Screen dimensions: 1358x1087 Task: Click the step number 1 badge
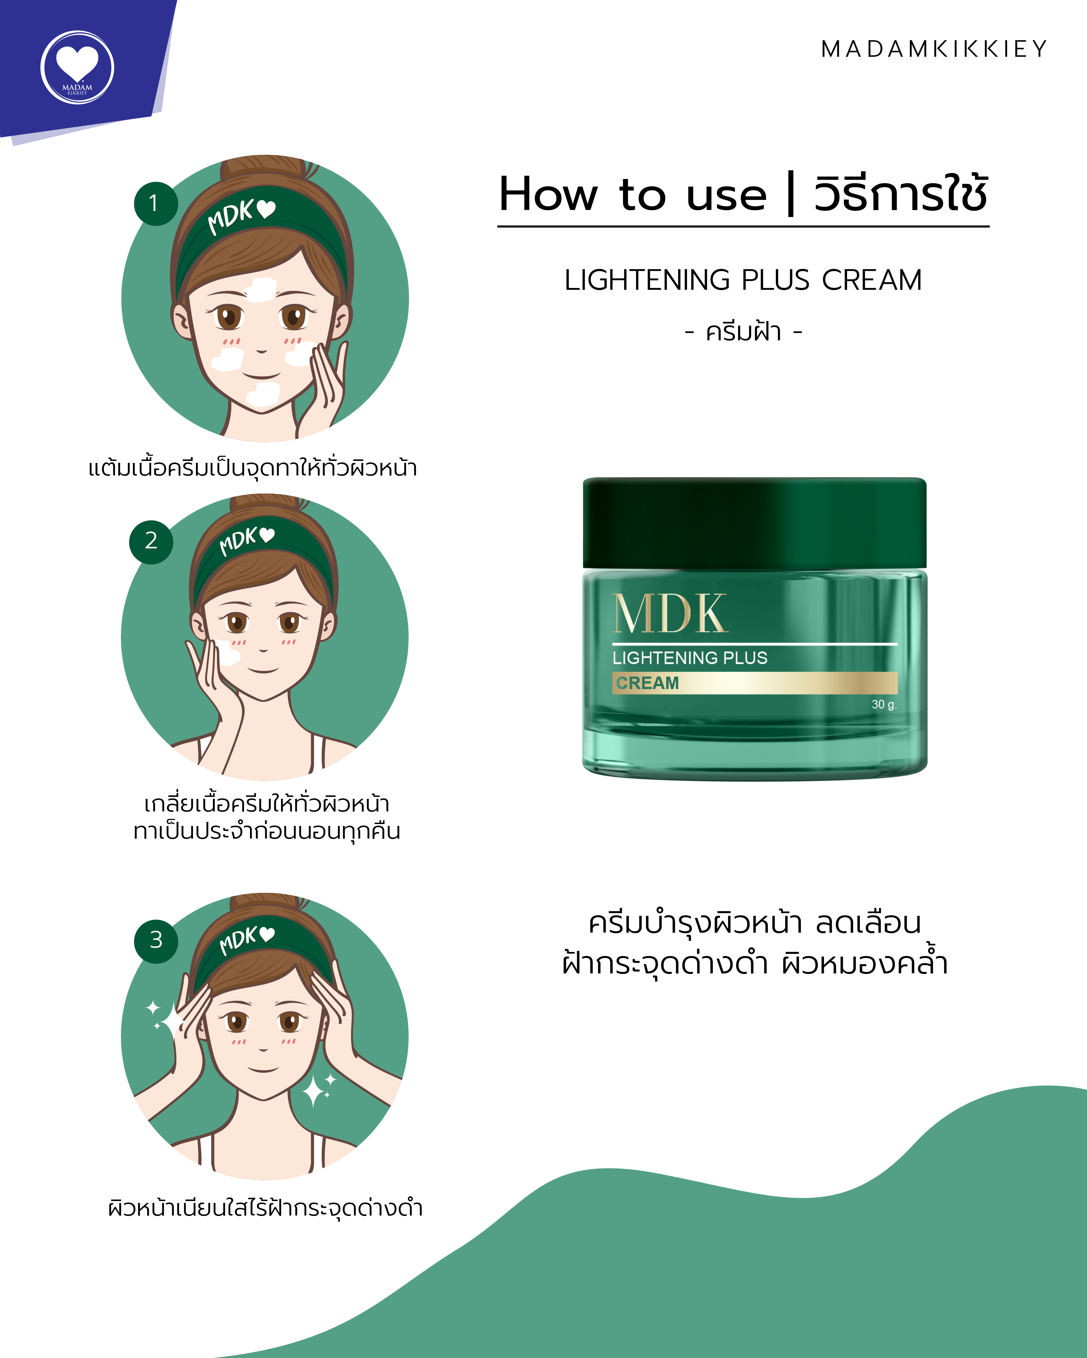pos(155,203)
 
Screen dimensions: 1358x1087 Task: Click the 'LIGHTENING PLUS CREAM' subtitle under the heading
pos(743,280)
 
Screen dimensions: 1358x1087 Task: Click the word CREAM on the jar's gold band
pos(647,683)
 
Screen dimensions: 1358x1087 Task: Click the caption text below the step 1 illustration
pos(253,468)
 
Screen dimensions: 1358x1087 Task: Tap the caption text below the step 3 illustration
pos(265,1208)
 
